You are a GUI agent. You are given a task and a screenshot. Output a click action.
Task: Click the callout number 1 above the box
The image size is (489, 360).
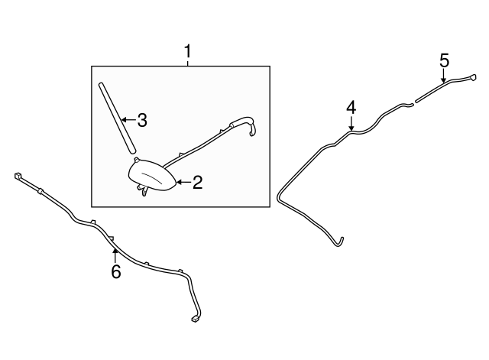pos(187,51)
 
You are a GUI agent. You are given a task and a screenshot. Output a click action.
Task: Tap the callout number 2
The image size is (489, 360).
pos(198,182)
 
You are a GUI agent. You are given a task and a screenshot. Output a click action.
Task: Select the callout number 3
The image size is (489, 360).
pos(142,120)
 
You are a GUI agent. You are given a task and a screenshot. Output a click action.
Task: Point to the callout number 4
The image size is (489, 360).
pos(351,108)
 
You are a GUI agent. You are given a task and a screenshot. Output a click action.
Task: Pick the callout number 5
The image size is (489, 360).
pos(445,60)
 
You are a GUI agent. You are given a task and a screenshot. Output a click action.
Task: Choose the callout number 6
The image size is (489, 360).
pos(115,271)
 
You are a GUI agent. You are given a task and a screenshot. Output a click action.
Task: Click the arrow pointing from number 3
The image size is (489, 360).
pos(128,119)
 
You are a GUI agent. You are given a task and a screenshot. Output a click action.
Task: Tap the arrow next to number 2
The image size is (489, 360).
pos(184,182)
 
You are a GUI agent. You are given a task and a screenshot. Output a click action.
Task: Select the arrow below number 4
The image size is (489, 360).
pos(351,124)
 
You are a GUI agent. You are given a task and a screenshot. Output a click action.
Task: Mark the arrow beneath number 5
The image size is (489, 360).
pos(443,76)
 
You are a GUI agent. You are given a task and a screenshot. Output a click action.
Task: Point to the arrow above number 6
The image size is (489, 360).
pos(115,256)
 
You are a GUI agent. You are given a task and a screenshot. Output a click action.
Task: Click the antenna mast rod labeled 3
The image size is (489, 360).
pos(117,118)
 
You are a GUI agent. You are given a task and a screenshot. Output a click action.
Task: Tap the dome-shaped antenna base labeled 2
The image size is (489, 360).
pos(153,175)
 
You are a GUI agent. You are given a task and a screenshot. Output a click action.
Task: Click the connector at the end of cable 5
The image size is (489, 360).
pos(473,77)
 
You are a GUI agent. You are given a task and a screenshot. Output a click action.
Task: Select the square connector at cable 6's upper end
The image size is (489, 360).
pos(18,176)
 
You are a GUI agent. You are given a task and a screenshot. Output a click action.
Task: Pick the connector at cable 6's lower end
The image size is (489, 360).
pos(196,319)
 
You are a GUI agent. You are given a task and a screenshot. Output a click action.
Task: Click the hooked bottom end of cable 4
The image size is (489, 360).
pos(339,242)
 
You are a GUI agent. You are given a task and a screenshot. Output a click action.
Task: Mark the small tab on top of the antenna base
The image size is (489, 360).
pos(136,160)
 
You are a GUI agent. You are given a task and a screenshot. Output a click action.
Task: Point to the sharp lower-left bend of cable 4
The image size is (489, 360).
pos(278,196)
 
